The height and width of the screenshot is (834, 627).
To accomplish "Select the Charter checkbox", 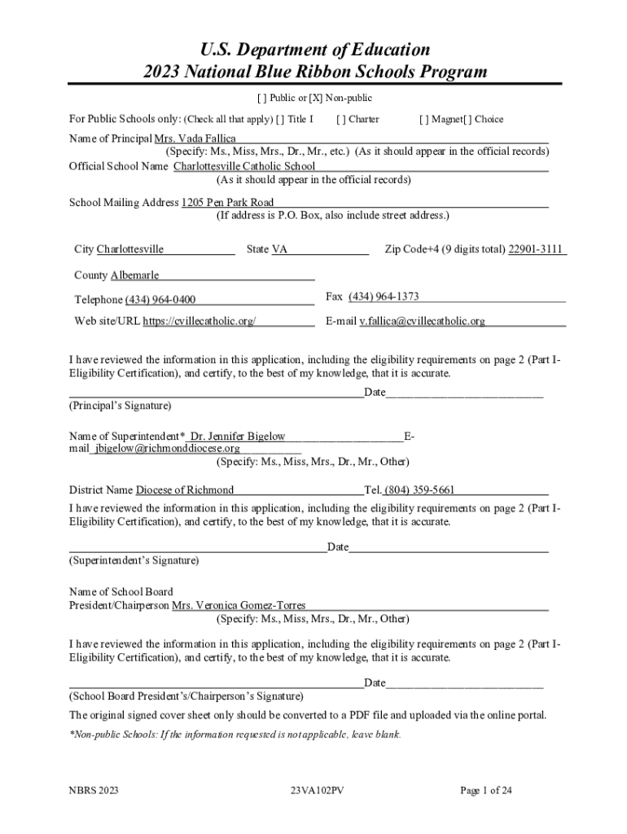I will point(340,120).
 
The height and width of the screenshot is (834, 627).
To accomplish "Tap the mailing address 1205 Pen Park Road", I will point(227,202).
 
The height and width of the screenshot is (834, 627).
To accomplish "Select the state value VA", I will point(279,249).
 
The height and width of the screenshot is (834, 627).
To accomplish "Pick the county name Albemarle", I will point(129,275).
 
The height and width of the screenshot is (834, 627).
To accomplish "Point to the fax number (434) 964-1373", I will point(384,296).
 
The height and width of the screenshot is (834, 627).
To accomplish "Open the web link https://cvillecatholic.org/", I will point(199,321).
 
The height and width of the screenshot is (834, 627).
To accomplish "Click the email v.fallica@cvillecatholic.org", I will point(422,321).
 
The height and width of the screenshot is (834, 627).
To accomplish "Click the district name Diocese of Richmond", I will point(184,490).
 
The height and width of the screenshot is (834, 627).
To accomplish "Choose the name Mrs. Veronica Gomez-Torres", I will point(239,606).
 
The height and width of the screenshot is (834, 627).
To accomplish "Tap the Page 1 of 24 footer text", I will point(486,790).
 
